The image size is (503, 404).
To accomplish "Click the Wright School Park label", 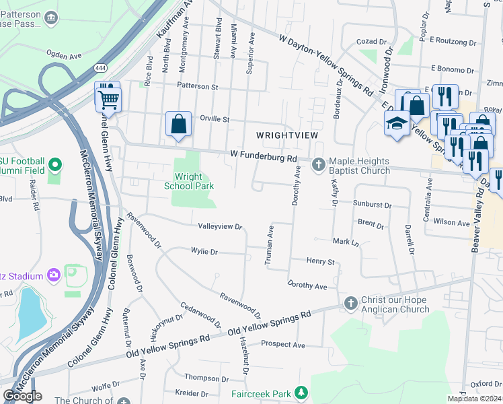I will [x=190, y=182].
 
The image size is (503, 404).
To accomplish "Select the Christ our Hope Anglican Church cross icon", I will [x=350, y=304].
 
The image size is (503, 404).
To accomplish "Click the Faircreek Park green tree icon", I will [x=302, y=393].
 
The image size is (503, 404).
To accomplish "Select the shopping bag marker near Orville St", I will [x=178, y=124].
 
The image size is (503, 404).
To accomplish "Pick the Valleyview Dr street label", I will [x=219, y=227].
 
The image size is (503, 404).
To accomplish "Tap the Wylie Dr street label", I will [x=204, y=252].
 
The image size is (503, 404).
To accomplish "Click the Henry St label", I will [x=321, y=261].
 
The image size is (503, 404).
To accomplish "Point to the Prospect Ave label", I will [x=283, y=345].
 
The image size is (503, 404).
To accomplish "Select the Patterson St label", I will [x=198, y=87].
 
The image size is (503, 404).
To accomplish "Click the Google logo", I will [x=22, y=395].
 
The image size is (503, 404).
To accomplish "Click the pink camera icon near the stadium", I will [x=54, y=275].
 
